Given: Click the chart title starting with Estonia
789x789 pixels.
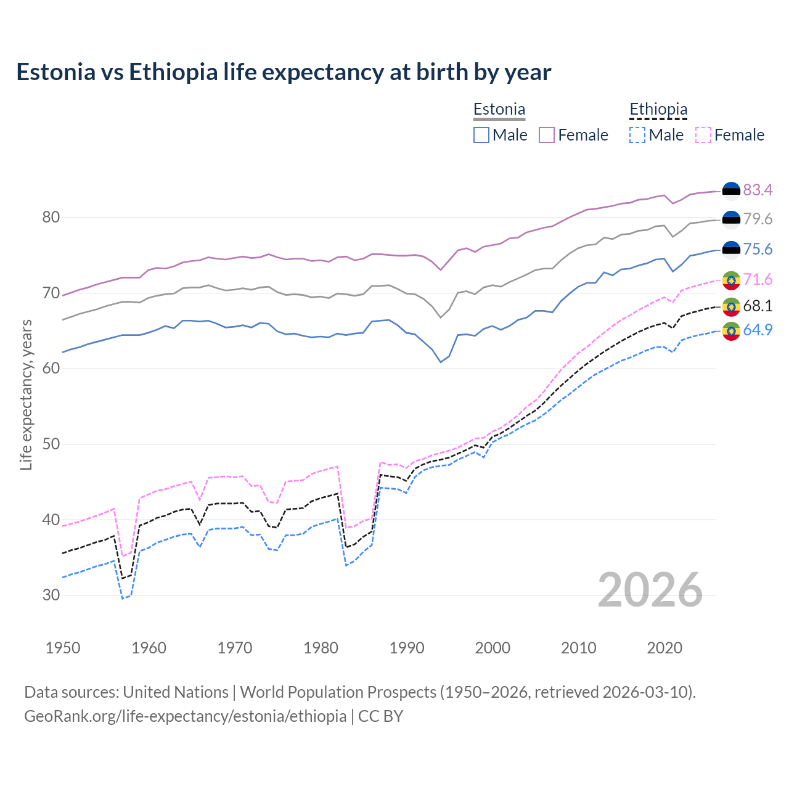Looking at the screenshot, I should tap(284, 72).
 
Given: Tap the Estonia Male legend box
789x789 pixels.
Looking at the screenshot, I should tap(481, 135).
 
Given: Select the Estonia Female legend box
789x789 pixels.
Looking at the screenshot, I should tap(547, 135).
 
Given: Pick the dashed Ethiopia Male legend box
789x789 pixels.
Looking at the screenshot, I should tap(637, 135).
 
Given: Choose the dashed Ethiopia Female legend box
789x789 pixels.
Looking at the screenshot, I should tap(703, 135).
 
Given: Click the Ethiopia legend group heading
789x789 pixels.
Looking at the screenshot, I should tap(658, 110).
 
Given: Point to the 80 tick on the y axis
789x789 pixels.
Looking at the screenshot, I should tap(51, 218).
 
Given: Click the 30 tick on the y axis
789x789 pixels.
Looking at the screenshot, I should tap(51, 595).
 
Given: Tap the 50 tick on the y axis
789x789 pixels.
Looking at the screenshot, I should tap(51, 444).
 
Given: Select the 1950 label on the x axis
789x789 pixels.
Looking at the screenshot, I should tap(63, 648).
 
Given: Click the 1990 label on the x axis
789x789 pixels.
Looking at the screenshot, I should tap(407, 648).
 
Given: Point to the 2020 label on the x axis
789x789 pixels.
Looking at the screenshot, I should tap(664, 648).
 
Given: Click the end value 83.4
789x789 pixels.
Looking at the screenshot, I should tap(758, 190).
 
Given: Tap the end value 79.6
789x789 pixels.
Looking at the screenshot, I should tap(758, 219).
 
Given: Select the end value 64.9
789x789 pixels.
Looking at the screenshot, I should tap(758, 330).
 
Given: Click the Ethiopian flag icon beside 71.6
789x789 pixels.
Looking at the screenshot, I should tap(731, 280).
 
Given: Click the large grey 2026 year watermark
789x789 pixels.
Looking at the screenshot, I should tap(650, 591).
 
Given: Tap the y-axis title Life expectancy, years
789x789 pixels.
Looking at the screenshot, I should tap(26, 394).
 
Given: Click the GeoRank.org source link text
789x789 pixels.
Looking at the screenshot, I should tap(185, 716).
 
